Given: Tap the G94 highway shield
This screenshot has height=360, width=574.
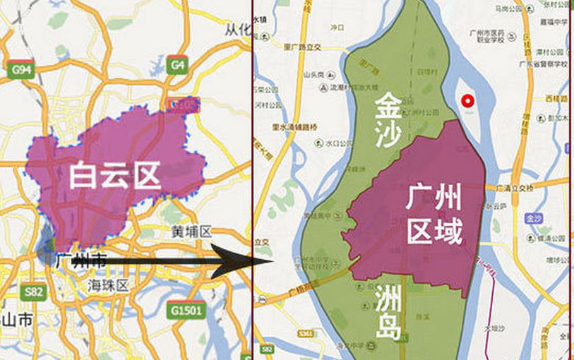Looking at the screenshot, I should coord(21,69).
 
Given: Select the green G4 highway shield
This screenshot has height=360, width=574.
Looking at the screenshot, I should coord(177,66).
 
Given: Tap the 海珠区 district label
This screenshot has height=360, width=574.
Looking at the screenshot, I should coord(107,286).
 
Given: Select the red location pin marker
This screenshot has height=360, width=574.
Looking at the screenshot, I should coord(467,101).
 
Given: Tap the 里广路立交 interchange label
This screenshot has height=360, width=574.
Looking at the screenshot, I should coord(302,47).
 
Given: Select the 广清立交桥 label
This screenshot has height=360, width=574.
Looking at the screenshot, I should coord(515,187).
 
